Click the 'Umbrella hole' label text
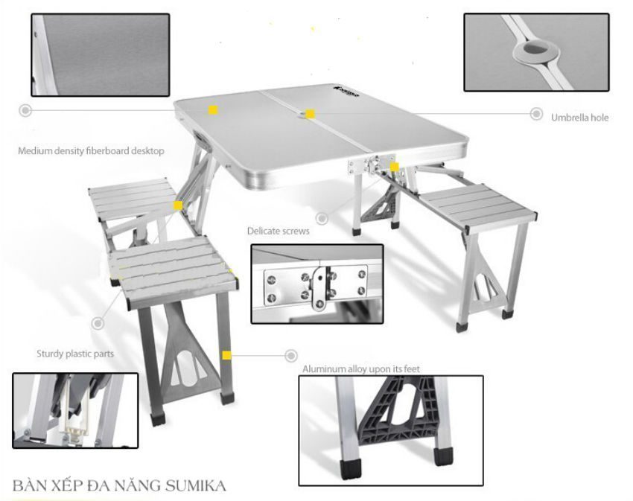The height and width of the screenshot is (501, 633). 579,118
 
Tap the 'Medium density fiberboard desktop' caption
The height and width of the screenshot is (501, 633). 91,151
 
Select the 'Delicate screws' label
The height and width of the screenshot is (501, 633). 279,231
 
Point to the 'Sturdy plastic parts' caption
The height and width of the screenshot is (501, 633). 75,354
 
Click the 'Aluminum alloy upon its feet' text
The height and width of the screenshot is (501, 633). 361,369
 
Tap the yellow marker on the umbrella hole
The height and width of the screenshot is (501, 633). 310,114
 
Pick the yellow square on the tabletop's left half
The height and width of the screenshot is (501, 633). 213,110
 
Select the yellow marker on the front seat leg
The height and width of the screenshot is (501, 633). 227,355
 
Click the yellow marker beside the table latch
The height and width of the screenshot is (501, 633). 395,167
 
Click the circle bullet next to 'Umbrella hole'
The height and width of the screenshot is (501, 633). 536,114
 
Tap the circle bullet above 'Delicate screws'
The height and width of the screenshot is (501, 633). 322,218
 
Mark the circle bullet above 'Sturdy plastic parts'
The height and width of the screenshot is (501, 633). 98,323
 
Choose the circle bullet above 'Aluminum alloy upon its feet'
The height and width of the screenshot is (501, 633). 291,356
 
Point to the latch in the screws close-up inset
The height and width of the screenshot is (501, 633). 319,285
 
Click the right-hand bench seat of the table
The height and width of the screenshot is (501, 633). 477,207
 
